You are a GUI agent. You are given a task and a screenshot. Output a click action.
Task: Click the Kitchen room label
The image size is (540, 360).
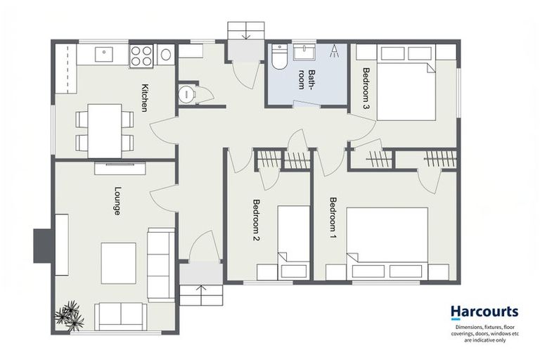pyautogui.click(x=145, y=98)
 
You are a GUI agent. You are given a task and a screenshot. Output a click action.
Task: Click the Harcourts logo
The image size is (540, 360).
pyautogui.click(x=484, y=311)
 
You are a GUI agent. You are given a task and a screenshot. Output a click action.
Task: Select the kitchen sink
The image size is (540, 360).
pyautogui.click(x=104, y=52)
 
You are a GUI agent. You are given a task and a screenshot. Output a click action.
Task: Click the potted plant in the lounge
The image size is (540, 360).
pyautogui.click(x=71, y=314)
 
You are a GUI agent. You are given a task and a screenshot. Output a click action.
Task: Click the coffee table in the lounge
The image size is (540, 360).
pyautogui.click(x=118, y=262)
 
